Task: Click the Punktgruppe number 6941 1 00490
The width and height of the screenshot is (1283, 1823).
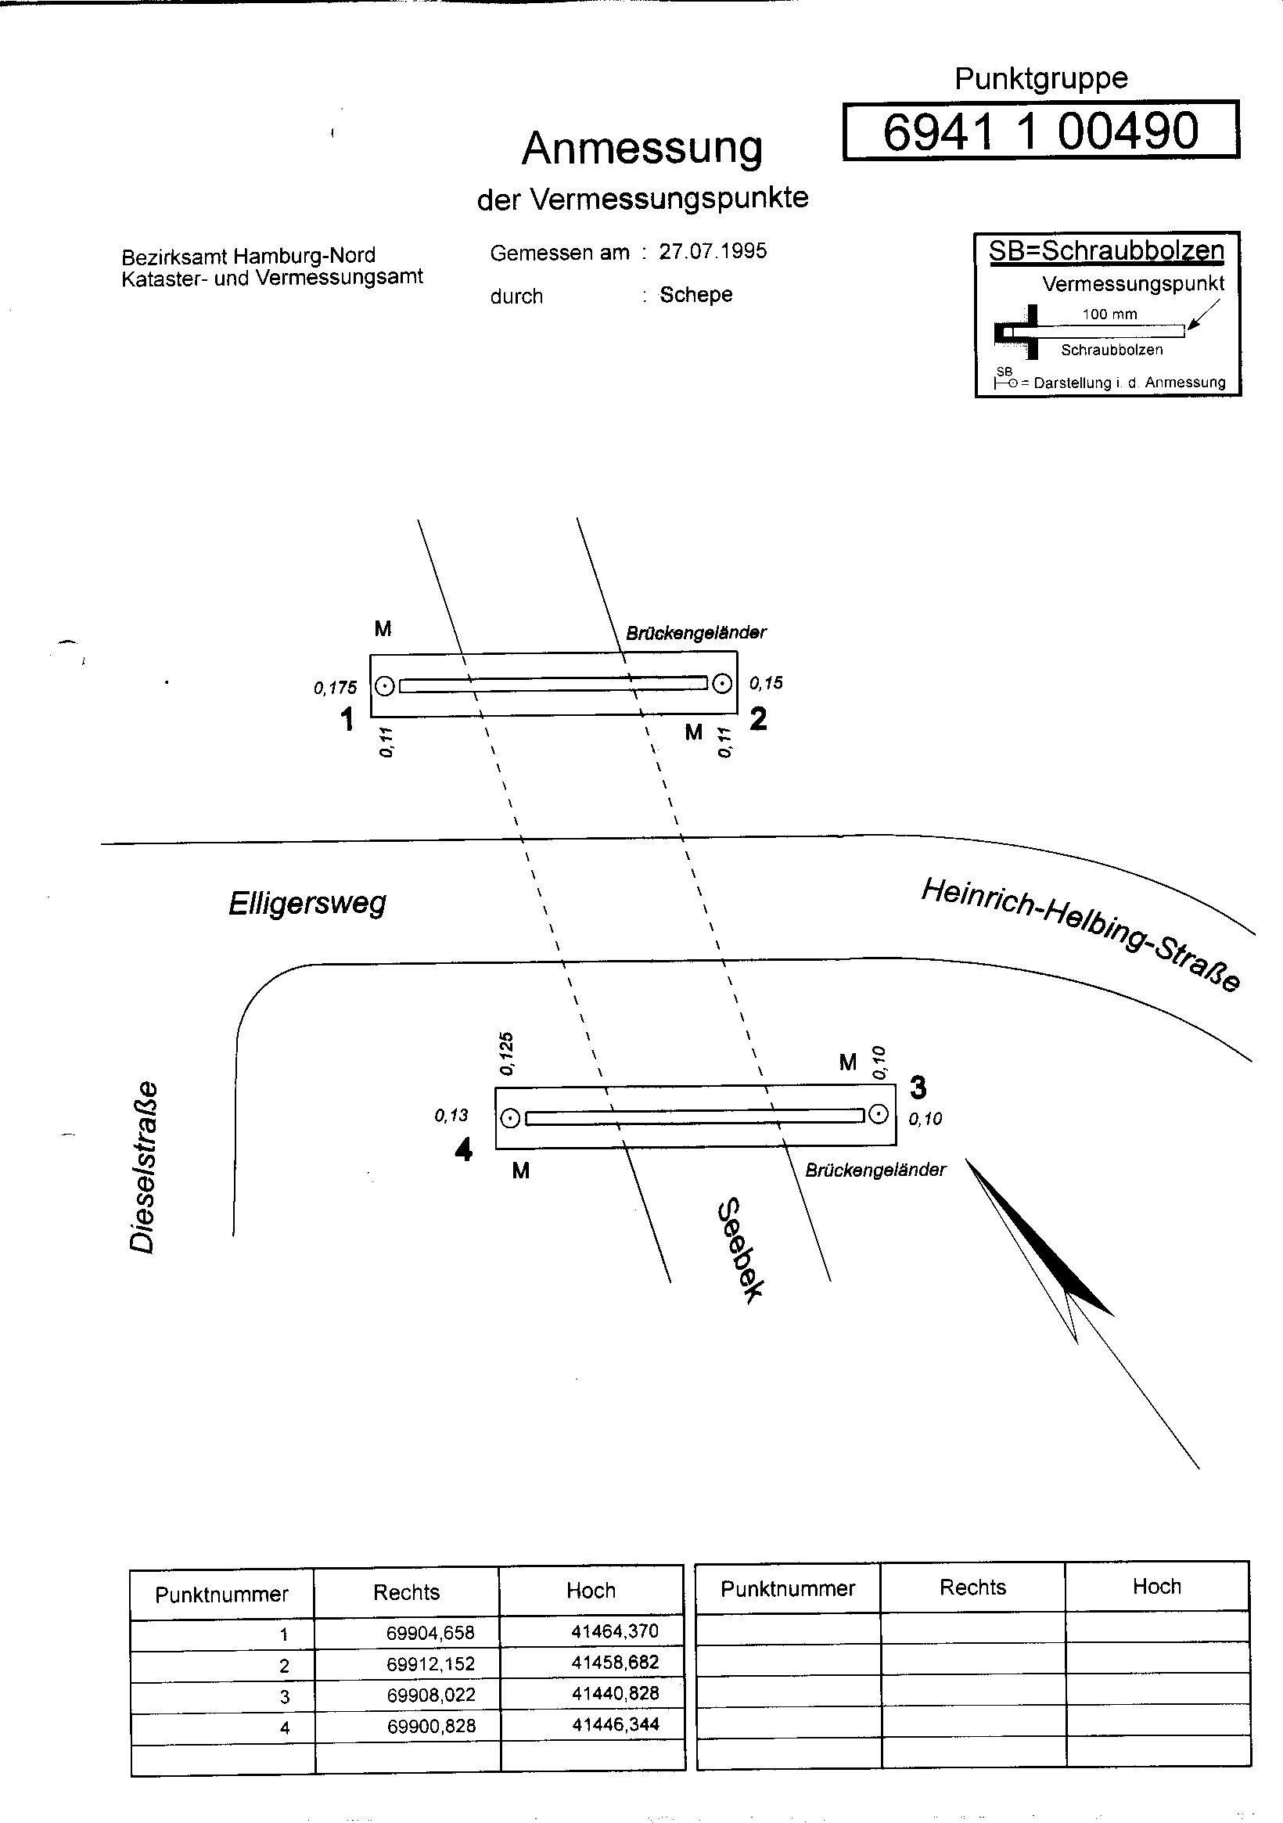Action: pyautogui.click(x=1040, y=131)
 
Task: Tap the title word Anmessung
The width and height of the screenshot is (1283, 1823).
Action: pyautogui.click(x=641, y=149)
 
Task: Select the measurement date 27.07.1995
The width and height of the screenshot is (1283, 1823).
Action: pyautogui.click(x=712, y=252)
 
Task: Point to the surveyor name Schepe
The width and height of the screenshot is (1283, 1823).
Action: pyautogui.click(x=695, y=294)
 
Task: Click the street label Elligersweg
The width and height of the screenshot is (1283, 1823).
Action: pyautogui.click(x=307, y=904)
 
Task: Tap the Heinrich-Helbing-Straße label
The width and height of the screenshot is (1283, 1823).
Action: pyautogui.click(x=1080, y=935)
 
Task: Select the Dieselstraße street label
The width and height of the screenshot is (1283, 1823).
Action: pyautogui.click(x=143, y=1167)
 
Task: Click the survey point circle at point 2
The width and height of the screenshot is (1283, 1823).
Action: pyautogui.click(x=721, y=683)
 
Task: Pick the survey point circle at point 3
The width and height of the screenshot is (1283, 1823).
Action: pyautogui.click(x=878, y=1114)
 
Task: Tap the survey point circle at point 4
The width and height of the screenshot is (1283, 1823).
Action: pyautogui.click(x=512, y=1118)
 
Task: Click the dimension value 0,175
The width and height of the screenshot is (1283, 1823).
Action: pyautogui.click(x=335, y=688)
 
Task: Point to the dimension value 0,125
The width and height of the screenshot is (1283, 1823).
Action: pyautogui.click(x=506, y=1054)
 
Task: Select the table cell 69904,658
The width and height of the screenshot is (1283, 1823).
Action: pyautogui.click(x=430, y=1633)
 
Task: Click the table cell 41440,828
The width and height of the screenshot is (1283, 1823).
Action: pyautogui.click(x=616, y=1693)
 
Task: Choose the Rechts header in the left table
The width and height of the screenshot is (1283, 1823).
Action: pyautogui.click(x=407, y=1592)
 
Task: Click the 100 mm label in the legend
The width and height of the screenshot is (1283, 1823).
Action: pyautogui.click(x=1109, y=315)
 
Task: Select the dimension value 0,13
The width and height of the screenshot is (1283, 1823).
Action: pyautogui.click(x=451, y=1116)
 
